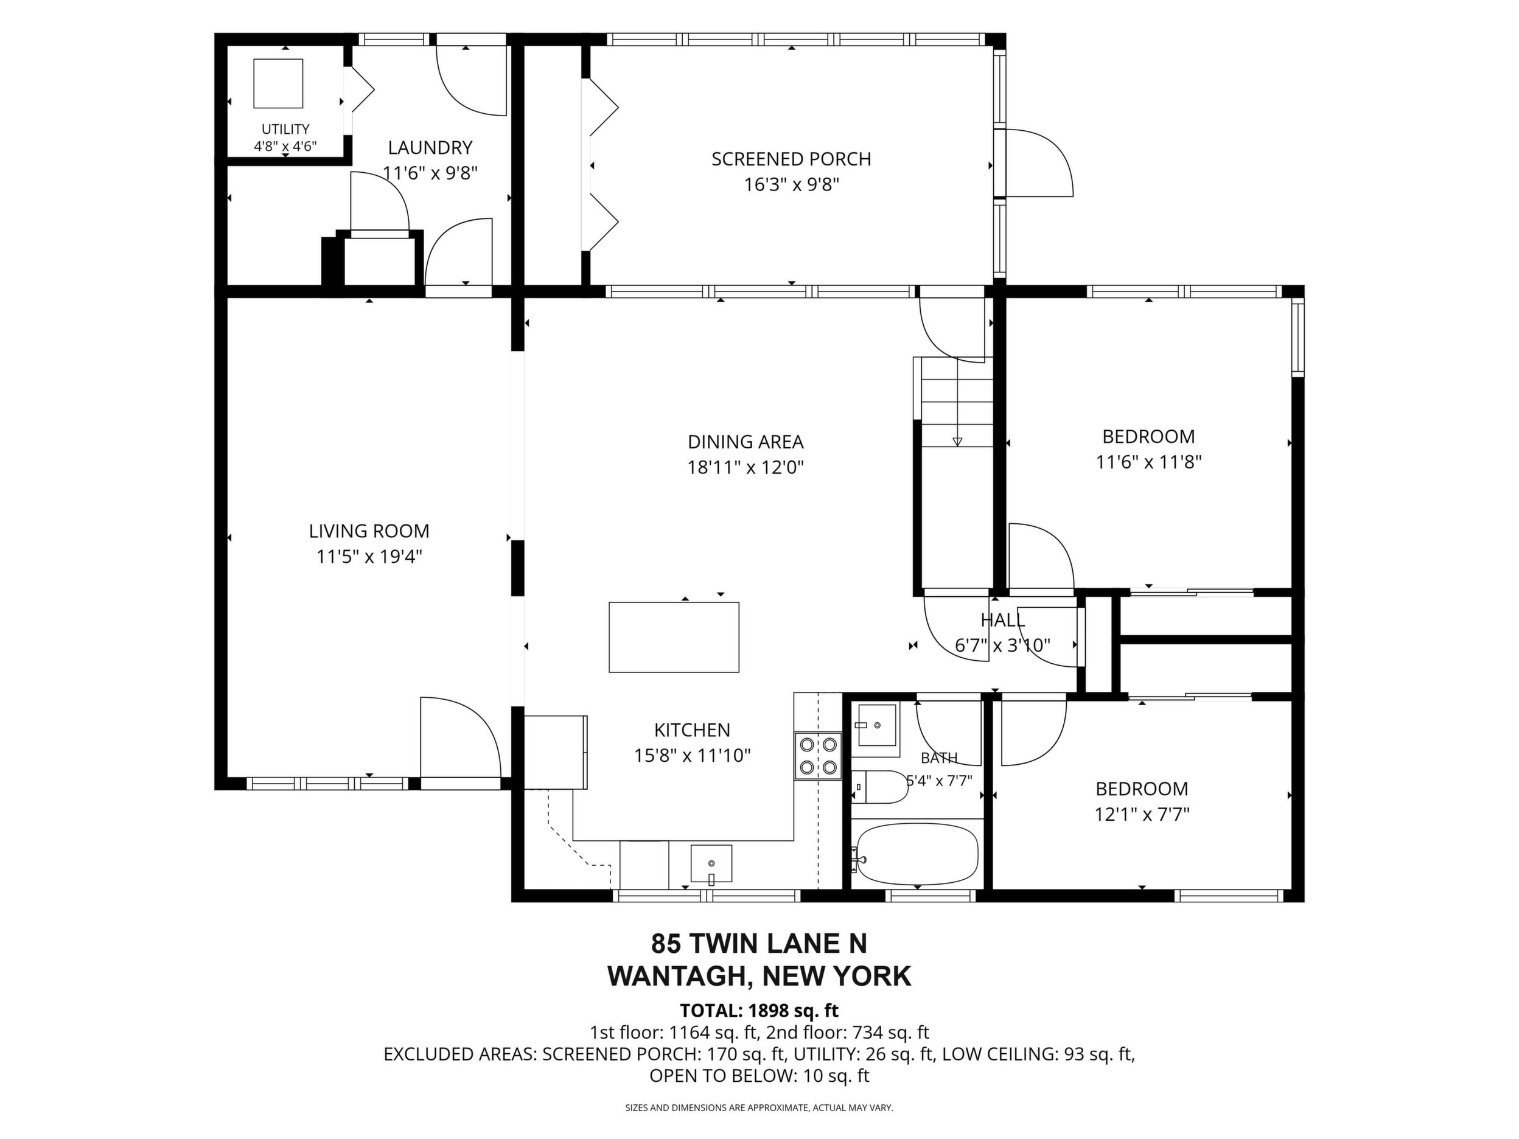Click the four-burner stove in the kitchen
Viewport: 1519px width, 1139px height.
click(x=818, y=755)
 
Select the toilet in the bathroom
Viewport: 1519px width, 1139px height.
click(x=879, y=787)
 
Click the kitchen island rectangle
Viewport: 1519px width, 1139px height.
click(x=674, y=637)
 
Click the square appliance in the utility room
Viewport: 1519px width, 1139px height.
click(x=278, y=83)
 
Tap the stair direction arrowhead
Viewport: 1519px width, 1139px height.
click(x=957, y=442)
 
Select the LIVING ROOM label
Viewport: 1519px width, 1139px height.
click(x=369, y=531)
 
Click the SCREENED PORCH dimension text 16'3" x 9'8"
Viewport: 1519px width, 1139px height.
click(x=792, y=185)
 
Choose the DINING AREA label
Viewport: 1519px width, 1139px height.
click(x=746, y=442)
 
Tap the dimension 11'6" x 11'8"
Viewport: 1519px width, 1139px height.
click(x=1148, y=461)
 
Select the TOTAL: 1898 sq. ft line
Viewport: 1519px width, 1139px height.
click(x=759, y=1011)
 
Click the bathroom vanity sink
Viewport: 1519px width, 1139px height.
click(x=876, y=726)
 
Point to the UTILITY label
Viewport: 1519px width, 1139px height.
click(x=285, y=129)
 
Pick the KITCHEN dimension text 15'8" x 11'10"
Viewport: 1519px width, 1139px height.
click(x=692, y=755)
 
